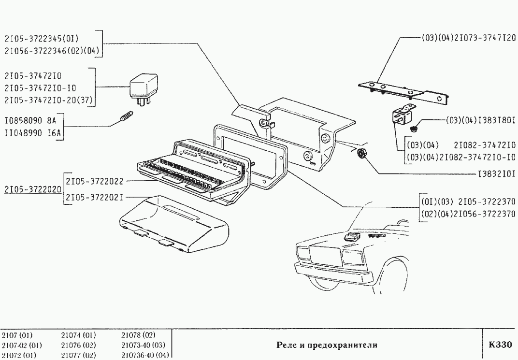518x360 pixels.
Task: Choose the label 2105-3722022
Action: (95, 181)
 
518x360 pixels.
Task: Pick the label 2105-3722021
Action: (95, 197)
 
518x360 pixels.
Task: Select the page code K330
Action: (500, 345)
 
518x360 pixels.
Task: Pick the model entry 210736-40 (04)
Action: (145, 355)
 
